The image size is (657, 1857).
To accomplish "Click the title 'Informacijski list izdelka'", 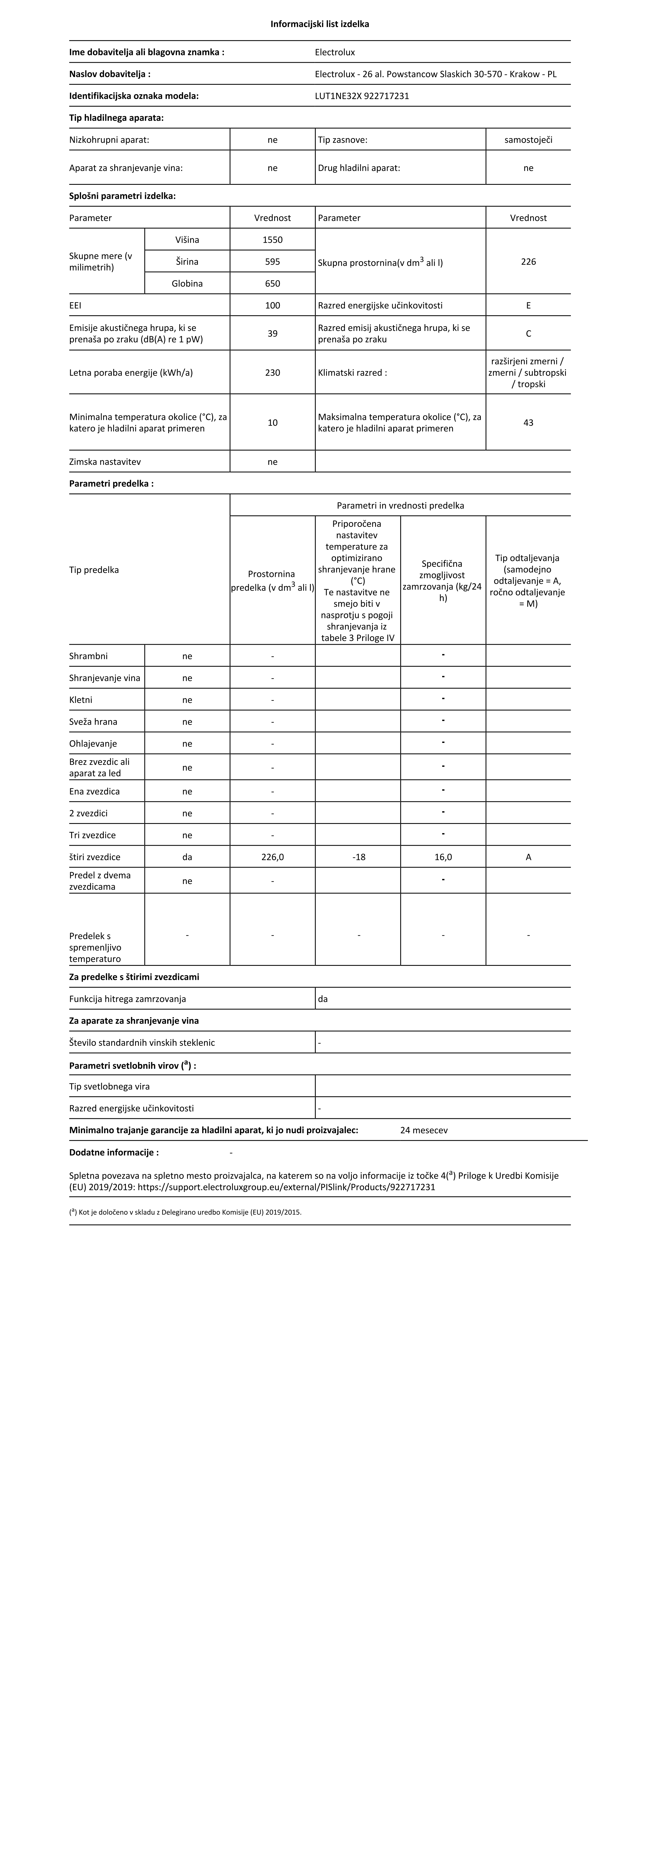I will click(319, 24).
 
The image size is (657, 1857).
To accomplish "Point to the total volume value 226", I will click(528, 262).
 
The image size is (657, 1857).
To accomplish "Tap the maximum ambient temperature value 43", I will click(528, 423).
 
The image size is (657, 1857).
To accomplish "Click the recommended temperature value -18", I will click(358, 857).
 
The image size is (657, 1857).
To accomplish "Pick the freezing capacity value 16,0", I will click(443, 857).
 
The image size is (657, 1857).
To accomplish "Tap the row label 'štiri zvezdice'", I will click(95, 857).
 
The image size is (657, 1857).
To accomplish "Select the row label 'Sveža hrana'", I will click(93, 722).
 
